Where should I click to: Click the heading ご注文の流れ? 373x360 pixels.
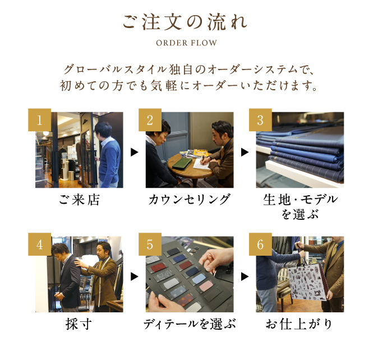point(185,22)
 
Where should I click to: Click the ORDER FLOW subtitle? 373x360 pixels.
point(186,43)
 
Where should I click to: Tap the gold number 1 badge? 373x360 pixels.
point(39,120)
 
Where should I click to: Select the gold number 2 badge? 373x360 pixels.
point(150,120)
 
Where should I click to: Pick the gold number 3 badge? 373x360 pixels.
point(260,120)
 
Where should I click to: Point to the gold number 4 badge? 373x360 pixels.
point(39,244)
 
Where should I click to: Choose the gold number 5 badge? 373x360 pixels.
point(150,244)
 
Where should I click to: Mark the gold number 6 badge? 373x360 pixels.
point(260,244)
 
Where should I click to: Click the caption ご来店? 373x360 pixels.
point(79,200)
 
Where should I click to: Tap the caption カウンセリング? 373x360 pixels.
point(190,200)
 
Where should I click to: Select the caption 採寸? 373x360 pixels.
point(79,324)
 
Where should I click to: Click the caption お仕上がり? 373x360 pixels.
point(299,324)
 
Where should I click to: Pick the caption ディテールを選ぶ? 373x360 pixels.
point(190,324)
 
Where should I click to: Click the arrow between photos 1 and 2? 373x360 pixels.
point(135,152)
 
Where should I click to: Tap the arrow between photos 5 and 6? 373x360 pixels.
point(245,276)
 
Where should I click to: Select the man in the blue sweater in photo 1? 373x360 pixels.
point(108,155)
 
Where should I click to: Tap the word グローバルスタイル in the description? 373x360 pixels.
point(116,70)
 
